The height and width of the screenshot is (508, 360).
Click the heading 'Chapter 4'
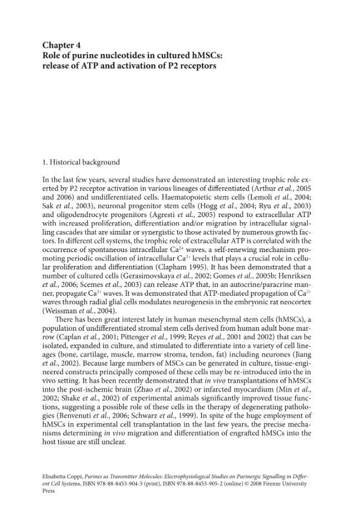tap(62, 45)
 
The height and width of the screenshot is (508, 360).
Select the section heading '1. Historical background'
tap(81, 162)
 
